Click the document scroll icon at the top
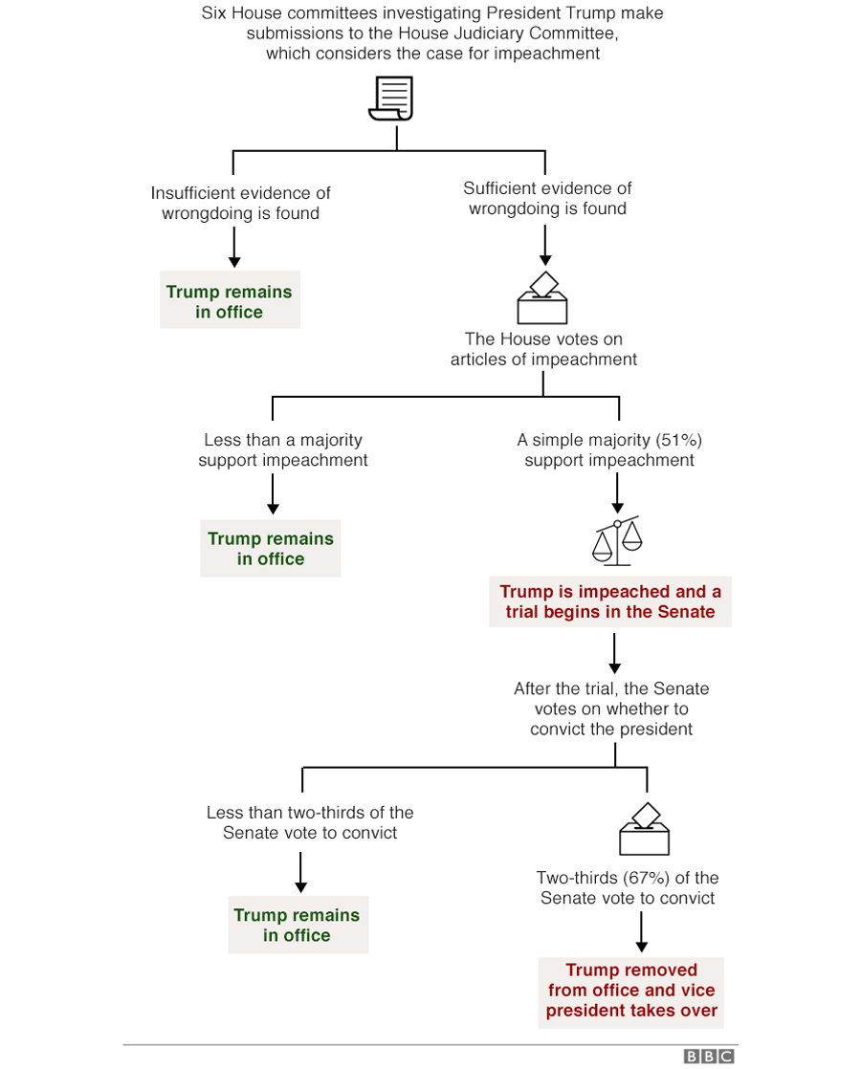(x=391, y=98)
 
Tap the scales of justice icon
(x=617, y=541)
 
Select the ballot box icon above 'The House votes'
(x=542, y=298)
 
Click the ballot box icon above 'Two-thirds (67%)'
(x=644, y=829)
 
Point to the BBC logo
(x=709, y=1056)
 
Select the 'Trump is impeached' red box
(x=610, y=601)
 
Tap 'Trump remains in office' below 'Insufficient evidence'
(x=230, y=300)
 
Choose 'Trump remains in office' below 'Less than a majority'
(x=270, y=548)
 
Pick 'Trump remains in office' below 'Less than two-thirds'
(x=298, y=925)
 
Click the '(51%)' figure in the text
(x=679, y=440)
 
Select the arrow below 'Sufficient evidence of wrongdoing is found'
(x=545, y=246)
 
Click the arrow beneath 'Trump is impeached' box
(x=614, y=653)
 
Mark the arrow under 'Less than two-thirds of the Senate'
(x=300, y=873)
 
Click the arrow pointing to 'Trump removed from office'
(x=641, y=932)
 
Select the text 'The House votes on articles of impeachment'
(x=543, y=349)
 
